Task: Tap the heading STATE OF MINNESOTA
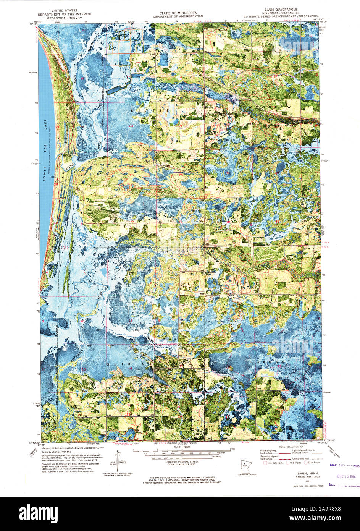tap(176, 13)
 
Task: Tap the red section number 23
tap(131, 126)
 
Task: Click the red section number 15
tap(82, 78)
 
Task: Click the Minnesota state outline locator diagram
tap(242, 466)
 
